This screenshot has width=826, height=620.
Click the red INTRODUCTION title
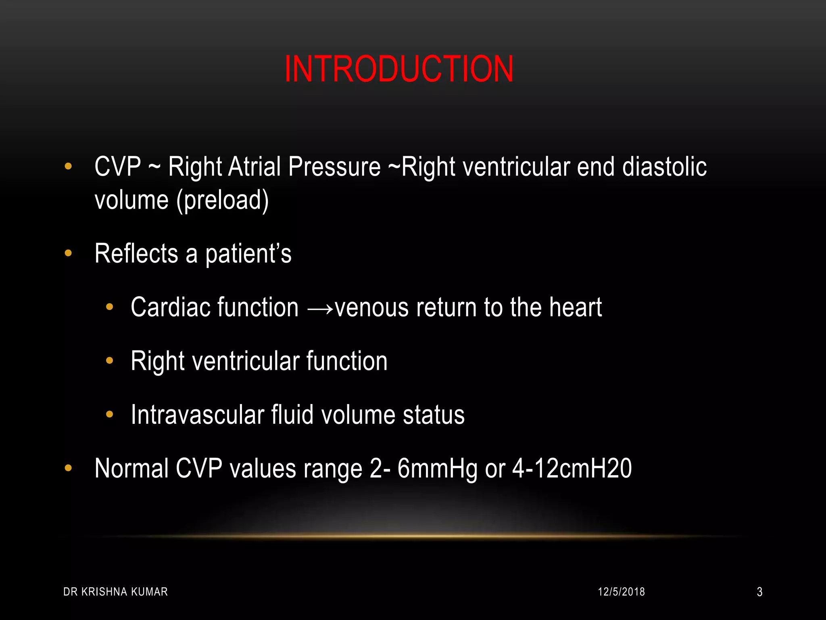tap(399, 69)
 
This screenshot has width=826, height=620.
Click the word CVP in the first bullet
tap(118, 167)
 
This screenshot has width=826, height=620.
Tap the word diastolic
tap(664, 167)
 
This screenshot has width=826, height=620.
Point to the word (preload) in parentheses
tap(223, 201)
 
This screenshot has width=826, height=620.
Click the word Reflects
tap(136, 253)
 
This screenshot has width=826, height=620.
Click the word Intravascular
tap(197, 415)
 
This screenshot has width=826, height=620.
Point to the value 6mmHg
tap(437, 469)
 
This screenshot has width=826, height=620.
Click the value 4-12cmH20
tap(572, 469)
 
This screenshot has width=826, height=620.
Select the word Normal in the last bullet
tap(131, 469)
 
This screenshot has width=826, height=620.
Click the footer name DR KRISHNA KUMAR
tap(115, 592)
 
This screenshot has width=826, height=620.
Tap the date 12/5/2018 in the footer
tap(621, 592)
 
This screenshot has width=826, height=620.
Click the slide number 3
tap(759, 592)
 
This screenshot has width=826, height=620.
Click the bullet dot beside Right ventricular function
tap(109, 360)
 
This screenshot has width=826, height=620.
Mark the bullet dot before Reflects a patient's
tap(68, 253)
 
